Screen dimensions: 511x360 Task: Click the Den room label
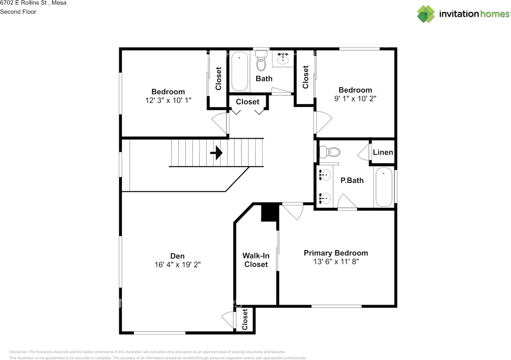coord(177,256)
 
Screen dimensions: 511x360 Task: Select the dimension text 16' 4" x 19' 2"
coord(178,265)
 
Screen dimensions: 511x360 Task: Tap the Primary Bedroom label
coord(336,253)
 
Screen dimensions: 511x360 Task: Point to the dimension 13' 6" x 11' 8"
coord(336,261)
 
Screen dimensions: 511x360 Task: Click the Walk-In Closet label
coord(256,260)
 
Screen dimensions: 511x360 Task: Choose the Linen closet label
coord(383,152)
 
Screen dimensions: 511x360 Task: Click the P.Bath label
coord(352,180)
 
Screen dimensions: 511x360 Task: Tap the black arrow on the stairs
coord(216,153)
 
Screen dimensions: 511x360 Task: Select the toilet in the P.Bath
coord(330,152)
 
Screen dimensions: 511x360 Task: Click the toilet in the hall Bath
coord(261,61)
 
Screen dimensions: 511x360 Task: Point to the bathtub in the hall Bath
coord(240,71)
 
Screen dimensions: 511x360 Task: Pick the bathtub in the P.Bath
coord(384,187)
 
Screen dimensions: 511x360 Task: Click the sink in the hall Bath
coord(283,59)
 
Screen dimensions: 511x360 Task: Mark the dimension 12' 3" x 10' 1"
coord(168,100)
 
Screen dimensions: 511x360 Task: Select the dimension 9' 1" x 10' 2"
coord(355,99)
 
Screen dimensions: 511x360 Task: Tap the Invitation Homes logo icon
coord(426,14)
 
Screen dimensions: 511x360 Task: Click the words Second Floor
coord(18,12)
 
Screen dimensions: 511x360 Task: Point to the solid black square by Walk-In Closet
coord(270,212)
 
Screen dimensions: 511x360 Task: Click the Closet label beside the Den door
coord(245,319)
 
